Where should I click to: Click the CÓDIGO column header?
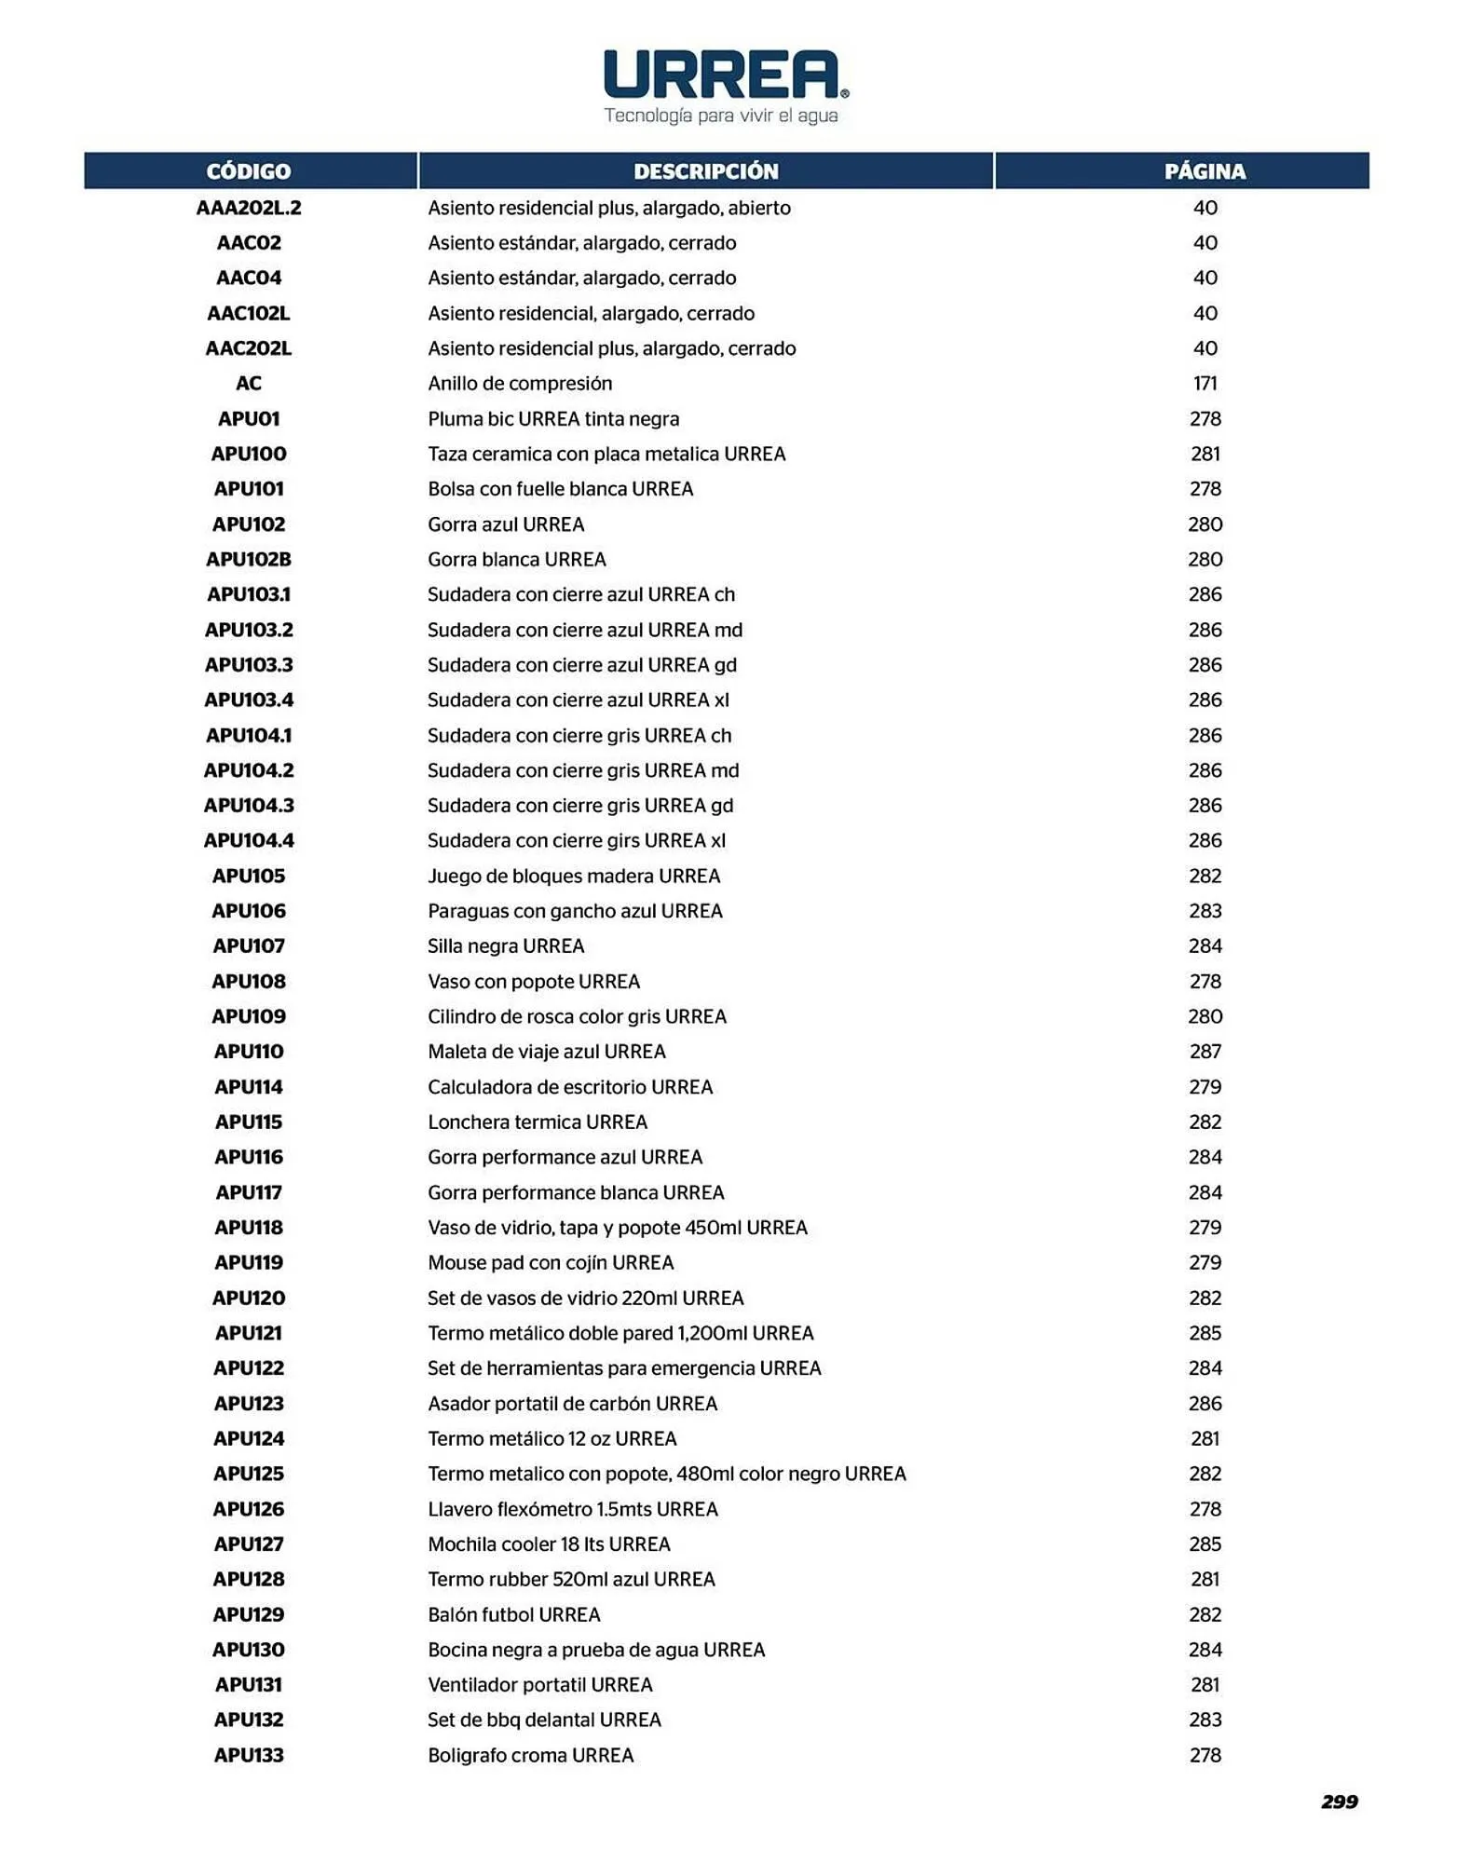(x=249, y=171)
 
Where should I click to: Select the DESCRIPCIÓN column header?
(x=705, y=171)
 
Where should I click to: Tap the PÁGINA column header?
(x=1205, y=171)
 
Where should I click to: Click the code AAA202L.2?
(x=249, y=208)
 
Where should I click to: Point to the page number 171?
(x=1205, y=383)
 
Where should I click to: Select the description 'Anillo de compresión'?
(x=520, y=383)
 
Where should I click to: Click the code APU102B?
(x=249, y=559)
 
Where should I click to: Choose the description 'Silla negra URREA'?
(x=506, y=945)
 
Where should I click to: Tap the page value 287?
(x=1205, y=1051)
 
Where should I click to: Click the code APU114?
(x=249, y=1086)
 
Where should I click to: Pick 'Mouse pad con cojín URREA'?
(x=551, y=1262)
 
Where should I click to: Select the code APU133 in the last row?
(x=249, y=1755)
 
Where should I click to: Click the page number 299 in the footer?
(x=1339, y=1802)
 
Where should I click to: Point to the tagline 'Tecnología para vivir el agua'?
(x=721, y=116)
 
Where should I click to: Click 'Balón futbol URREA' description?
(x=514, y=1614)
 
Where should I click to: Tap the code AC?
(x=249, y=383)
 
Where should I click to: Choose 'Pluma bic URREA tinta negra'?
(x=553, y=418)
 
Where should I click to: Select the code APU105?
(x=249, y=876)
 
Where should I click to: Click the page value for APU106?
(x=1205, y=910)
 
